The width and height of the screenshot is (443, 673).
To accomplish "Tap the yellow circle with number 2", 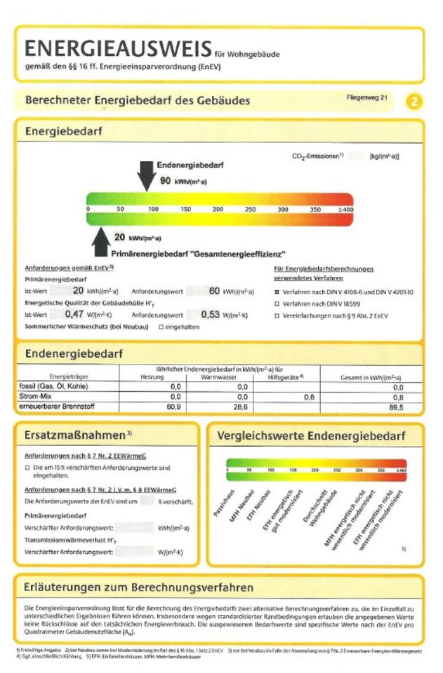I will pyautogui.click(x=414, y=102).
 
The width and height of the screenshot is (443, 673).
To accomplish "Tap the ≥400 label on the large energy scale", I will pyautogui.click(x=345, y=209).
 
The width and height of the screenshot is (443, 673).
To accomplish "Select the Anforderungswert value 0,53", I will pyautogui.click(x=211, y=315).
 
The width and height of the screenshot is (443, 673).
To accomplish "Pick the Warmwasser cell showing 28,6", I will pyautogui.click(x=239, y=407).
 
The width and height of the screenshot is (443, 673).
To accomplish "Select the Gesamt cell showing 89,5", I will pyautogui.click(x=397, y=407).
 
